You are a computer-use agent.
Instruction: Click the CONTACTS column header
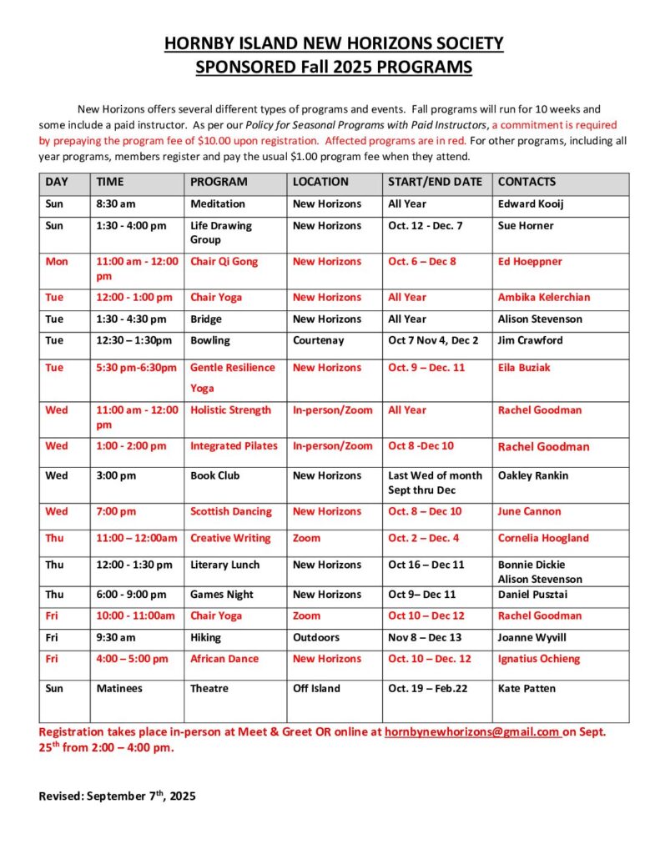526,182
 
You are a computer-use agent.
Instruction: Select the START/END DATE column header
435,182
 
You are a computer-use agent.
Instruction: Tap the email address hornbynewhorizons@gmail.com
471,732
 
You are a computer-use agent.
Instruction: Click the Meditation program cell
218,204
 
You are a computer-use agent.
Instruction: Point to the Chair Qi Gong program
224,262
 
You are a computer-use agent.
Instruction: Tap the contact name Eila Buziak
524,368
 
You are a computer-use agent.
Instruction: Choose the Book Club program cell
214,475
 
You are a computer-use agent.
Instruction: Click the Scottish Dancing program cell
231,512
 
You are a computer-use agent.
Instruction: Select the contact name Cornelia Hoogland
543,539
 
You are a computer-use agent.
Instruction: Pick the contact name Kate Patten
526,689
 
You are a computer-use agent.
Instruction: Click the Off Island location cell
317,689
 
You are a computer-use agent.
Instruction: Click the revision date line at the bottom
117,796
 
